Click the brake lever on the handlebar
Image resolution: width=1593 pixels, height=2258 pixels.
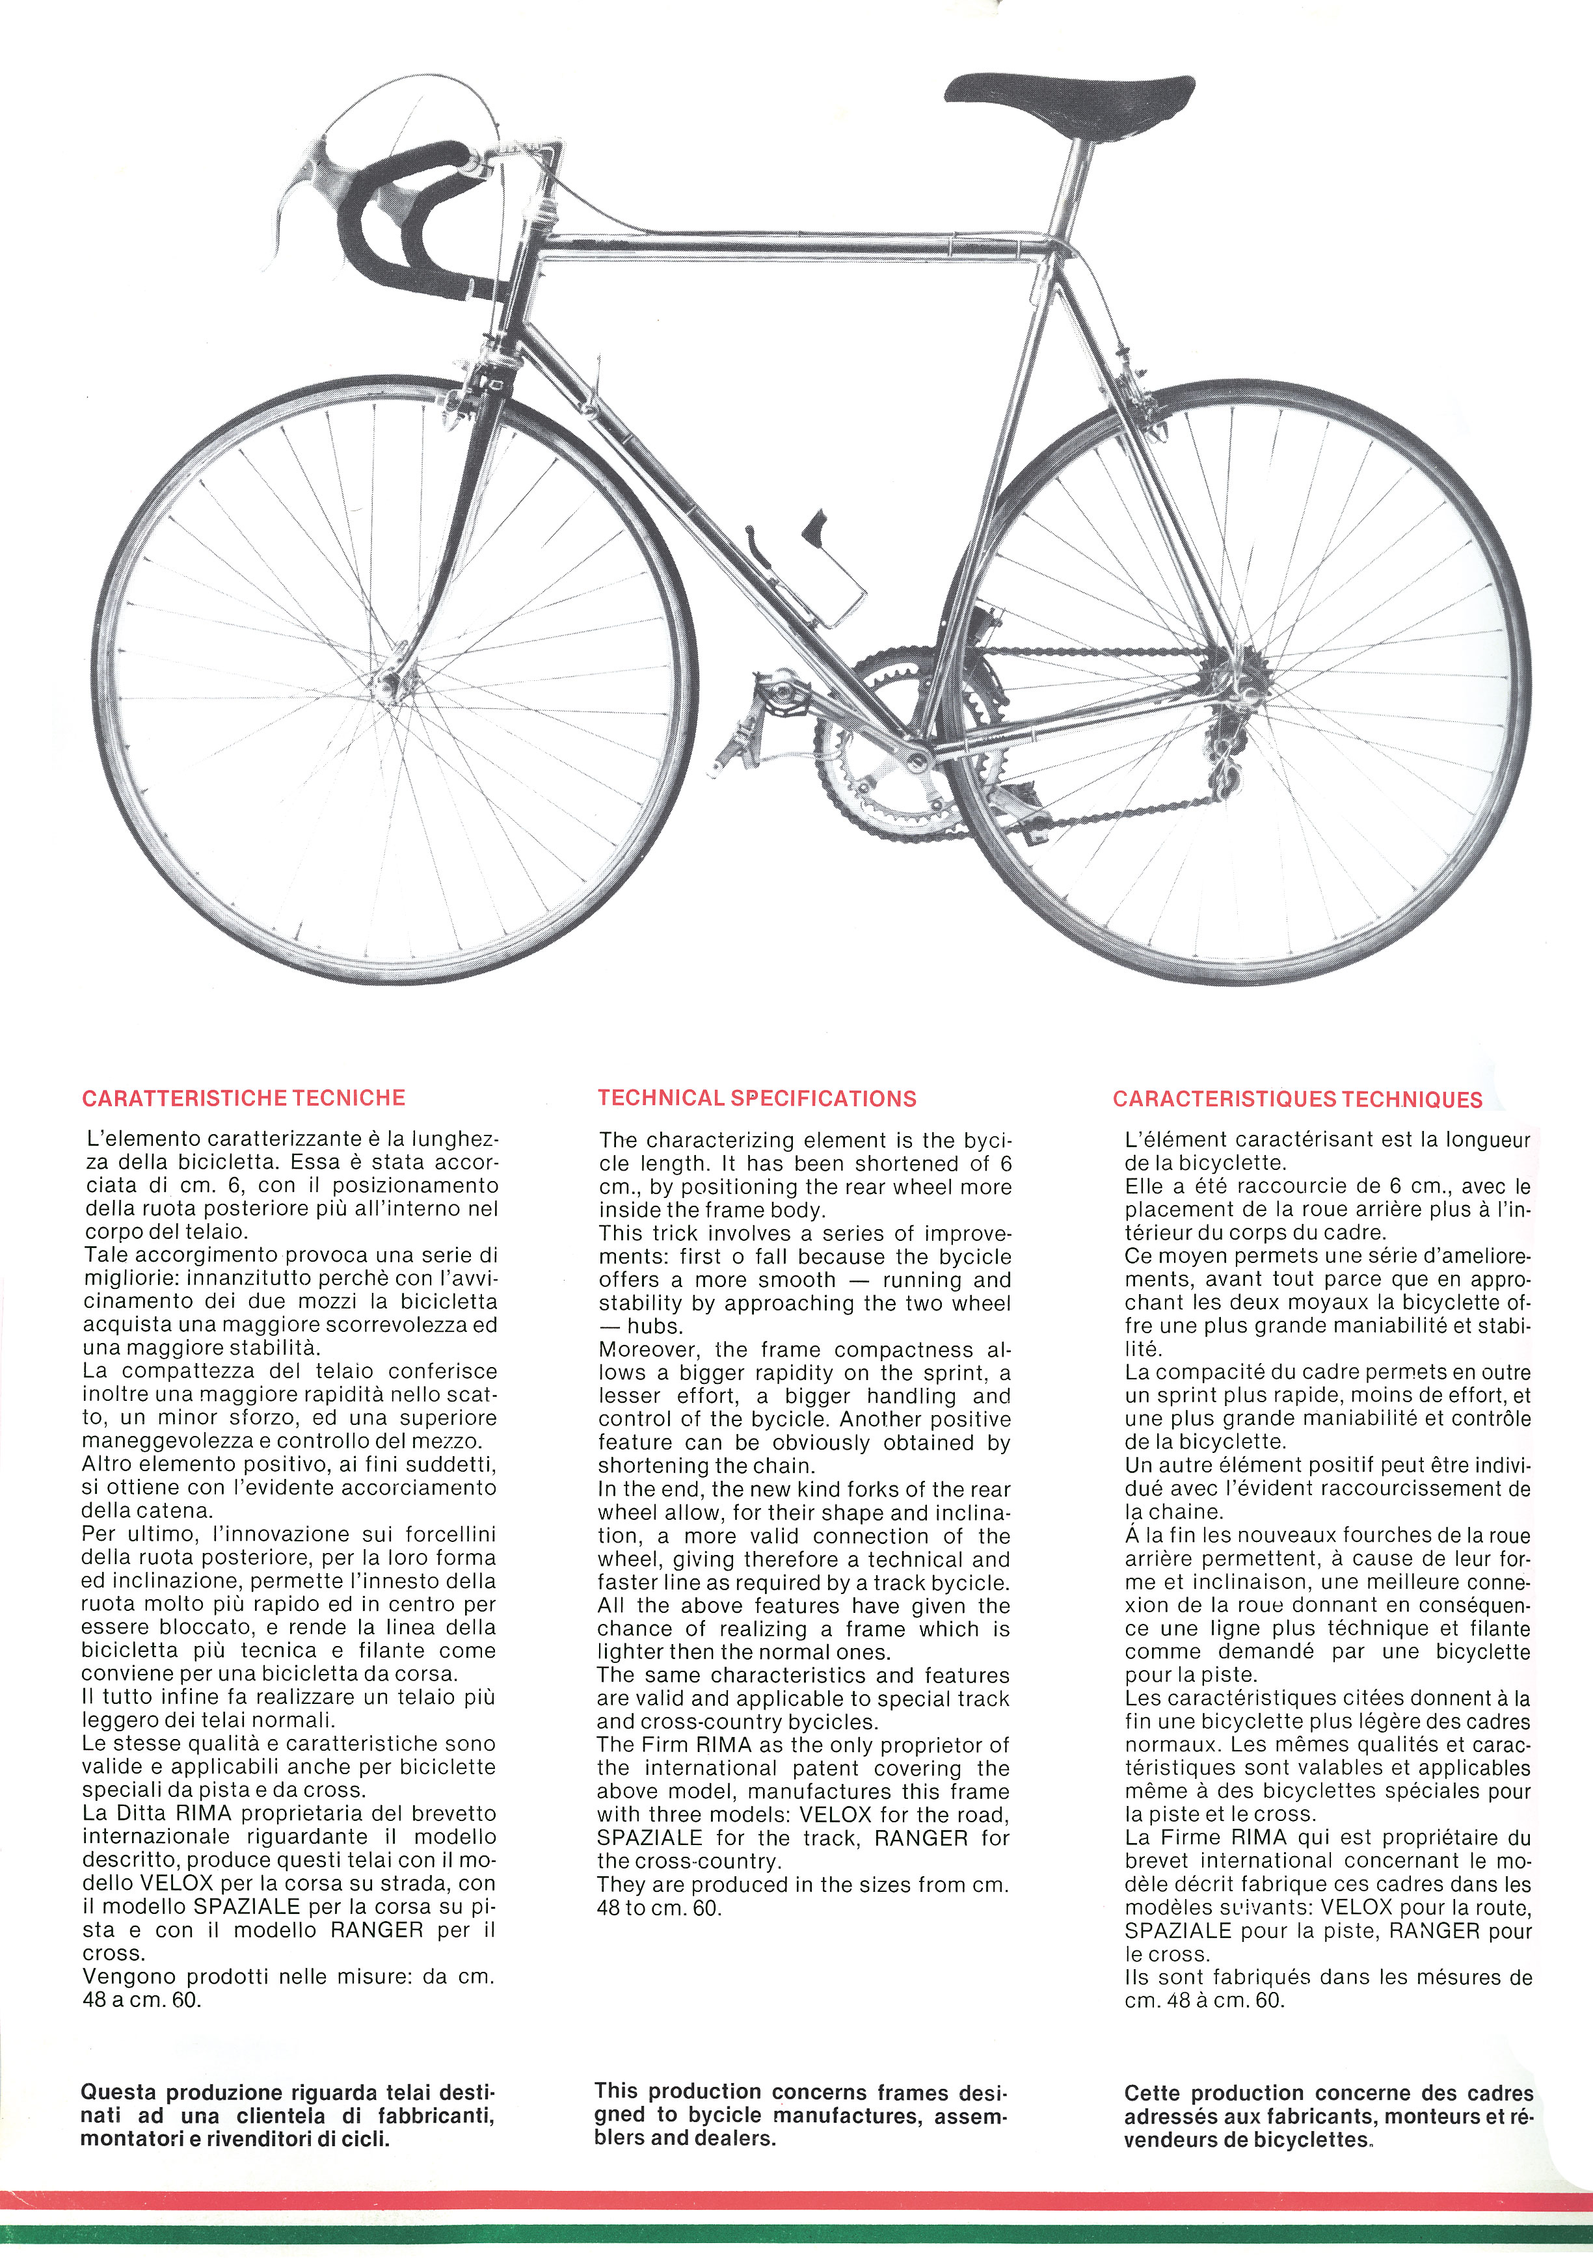pyautogui.click(x=305, y=187)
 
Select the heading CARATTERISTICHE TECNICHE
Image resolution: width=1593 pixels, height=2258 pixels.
pyautogui.click(x=244, y=1098)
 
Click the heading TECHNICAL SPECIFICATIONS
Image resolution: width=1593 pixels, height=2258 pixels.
pyautogui.click(x=757, y=1098)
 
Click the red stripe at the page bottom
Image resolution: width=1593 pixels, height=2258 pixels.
pyautogui.click(x=796, y=2199)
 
